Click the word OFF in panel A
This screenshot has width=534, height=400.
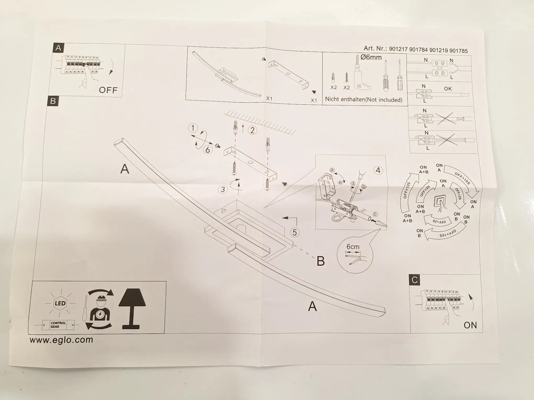[108, 90]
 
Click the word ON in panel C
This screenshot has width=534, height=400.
[470, 325]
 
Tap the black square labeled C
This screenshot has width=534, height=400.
[415, 280]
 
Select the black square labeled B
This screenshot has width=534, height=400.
[53, 101]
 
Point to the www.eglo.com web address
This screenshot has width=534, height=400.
[61, 340]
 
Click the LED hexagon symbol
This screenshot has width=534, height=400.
[60, 303]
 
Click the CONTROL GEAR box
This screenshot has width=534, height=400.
[58, 325]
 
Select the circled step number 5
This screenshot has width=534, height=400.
[295, 232]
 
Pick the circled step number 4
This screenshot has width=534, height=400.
[378, 170]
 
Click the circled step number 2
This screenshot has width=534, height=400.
[252, 130]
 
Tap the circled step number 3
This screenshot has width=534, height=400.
[223, 189]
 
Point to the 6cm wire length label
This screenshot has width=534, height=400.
[353, 247]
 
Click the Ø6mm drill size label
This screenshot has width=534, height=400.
[371, 57]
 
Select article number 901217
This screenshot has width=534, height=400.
[398, 49]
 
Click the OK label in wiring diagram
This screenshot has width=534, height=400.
[448, 89]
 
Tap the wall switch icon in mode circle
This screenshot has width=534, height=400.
[441, 203]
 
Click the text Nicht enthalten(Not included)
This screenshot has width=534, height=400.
[363, 99]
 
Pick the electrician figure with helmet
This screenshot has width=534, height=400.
[100, 309]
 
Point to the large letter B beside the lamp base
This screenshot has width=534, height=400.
[321, 261]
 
